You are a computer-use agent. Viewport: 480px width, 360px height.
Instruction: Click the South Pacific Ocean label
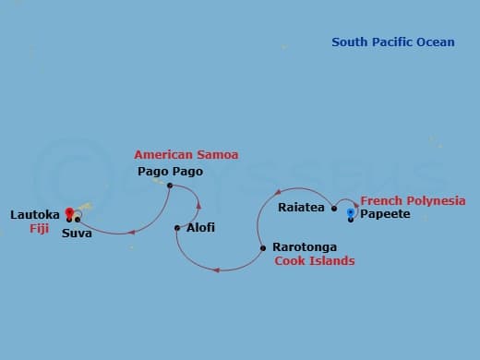[x=393, y=42]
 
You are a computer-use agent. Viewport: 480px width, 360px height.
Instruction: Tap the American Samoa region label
[x=186, y=154]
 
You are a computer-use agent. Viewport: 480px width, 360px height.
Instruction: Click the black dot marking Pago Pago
[x=170, y=186]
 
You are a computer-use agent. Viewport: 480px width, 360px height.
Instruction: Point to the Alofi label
[x=200, y=227]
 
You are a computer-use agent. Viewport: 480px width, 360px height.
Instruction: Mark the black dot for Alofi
[x=177, y=227]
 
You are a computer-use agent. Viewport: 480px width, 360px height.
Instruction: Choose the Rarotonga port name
[x=305, y=247]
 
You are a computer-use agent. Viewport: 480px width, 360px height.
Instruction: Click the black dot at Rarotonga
[x=263, y=247]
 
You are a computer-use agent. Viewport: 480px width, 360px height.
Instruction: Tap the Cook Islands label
[x=314, y=261]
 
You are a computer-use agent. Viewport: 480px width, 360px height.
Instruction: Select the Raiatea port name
[x=301, y=208]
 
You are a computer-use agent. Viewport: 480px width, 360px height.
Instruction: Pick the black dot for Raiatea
[x=334, y=208]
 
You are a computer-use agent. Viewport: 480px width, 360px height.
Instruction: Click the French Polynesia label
[x=413, y=200]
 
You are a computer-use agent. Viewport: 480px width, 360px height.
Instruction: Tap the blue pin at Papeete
[x=351, y=212]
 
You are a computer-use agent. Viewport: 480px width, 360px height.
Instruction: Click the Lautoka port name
[x=35, y=214]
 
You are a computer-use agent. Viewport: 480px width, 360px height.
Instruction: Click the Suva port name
[x=77, y=234]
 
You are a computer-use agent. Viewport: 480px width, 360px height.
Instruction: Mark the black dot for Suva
[x=78, y=220]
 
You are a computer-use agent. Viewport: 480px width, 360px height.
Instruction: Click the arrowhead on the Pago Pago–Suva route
[x=134, y=231]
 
